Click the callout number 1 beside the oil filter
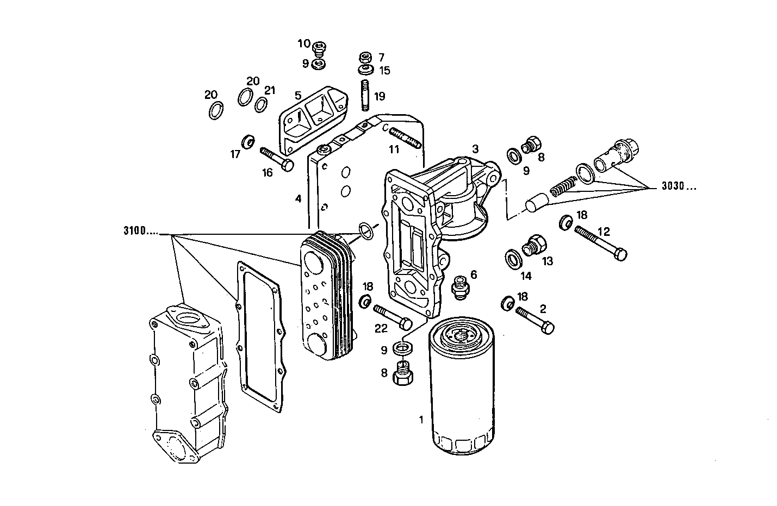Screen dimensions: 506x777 [x=421, y=419]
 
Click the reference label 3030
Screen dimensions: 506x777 [x=678, y=187]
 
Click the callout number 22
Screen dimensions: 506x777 [x=381, y=328]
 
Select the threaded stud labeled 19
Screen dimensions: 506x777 [x=366, y=95]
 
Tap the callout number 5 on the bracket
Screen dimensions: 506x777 [x=298, y=96]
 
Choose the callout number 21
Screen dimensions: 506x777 [x=270, y=90]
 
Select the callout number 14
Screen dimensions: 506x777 [x=525, y=276]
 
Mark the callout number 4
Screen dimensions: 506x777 [x=298, y=199]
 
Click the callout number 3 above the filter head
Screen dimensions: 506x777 [x=475, y=148]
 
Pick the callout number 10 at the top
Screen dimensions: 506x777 [x=303, y=43]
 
